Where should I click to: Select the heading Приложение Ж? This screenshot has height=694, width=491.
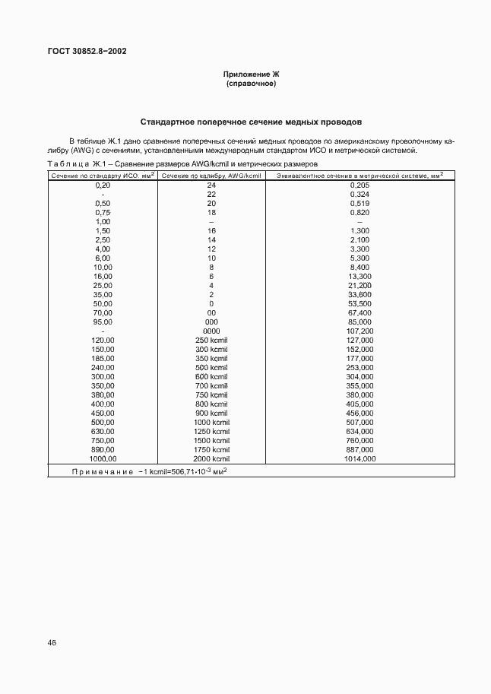pyautogui.click(x=252, y=74)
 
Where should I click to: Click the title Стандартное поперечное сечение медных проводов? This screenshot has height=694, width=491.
pyautogui.click(x=251, y=122)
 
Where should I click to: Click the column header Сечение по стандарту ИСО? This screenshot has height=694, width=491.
pyautogui.click(x=102, y=175)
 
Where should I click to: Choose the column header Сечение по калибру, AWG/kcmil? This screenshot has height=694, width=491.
pyautogui.click(x=211, y=175)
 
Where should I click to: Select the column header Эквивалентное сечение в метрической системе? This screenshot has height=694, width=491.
pyautogui.click(x=360, y=175)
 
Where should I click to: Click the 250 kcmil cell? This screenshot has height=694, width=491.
pyautogui.click(x=211, y=340)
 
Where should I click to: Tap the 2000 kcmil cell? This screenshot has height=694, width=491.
pyautogui.click(x=211, y=458)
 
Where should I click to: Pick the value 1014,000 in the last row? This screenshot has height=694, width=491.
pyautogui.click(x=360, y=458)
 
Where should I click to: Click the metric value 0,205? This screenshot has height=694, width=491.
pyautogui.click(x=360, y=185)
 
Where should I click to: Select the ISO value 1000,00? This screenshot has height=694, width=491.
pyautogui.click(x=103, y=458)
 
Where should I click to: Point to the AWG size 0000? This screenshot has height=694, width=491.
pyautogui.click(x=211, y=331)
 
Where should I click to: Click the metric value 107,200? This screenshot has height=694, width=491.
pyautogui.click(x=360, y=331)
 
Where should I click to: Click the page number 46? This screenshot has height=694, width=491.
pyautogui.click(x=52, y=642)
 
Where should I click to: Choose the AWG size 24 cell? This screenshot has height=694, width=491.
pyautogui.click(x=211, y=185)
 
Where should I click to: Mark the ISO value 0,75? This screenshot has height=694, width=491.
pyautogui.click(x=103, y=212)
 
